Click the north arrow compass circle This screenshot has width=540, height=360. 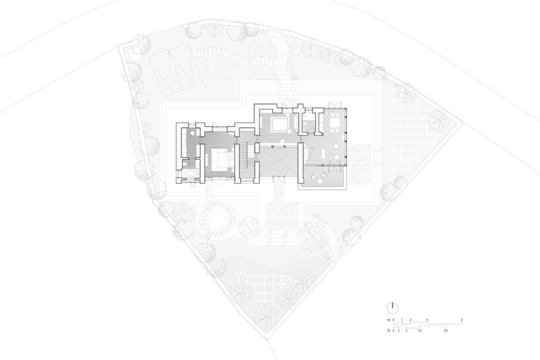tap(392, 306)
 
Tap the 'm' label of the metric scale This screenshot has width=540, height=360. tap(388, 320)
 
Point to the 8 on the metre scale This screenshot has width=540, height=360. tap(461, 320)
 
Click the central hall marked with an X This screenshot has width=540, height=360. tap(282, 161)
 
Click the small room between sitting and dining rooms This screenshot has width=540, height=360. tap(309, 123)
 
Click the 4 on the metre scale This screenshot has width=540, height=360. tap(427, 320)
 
